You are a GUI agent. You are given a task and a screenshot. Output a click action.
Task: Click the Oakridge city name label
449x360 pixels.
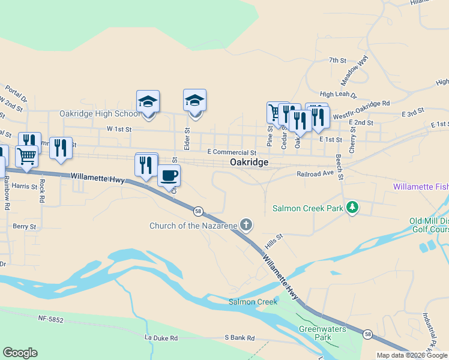[249, 163]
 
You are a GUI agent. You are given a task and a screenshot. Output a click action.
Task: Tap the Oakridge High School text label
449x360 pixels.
[100, 114]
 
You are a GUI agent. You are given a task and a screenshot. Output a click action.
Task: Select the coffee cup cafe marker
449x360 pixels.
[169, 175]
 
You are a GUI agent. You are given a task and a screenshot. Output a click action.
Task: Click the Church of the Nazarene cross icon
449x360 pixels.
[246, 226]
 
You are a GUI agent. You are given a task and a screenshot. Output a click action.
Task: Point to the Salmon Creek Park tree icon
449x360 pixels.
[353, 208]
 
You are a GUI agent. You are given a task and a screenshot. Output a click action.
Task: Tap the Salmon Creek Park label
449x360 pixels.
[307, 209]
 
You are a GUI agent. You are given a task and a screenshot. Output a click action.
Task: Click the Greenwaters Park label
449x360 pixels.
[315, 333]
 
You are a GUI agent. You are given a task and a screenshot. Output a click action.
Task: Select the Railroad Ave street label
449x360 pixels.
[315, 173]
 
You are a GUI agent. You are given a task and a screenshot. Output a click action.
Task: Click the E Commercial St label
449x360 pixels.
[231, 153]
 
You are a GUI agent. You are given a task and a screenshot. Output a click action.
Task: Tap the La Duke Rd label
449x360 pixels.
[161, 338]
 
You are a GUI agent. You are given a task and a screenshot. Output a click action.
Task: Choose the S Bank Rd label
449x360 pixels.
[240, 338]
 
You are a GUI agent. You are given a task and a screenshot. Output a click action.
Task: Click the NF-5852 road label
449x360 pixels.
[50, 320]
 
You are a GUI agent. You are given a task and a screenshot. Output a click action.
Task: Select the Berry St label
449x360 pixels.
[25, 227]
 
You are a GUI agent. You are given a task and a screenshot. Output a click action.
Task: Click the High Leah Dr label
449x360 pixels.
[338, 95]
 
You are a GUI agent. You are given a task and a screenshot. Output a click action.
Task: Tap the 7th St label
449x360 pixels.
[338, 61]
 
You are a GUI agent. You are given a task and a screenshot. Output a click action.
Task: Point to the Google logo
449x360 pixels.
[20, 353]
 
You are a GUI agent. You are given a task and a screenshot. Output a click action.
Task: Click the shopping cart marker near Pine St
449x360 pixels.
[275, 112]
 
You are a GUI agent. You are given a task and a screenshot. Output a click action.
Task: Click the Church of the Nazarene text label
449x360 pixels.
[193, 226]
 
